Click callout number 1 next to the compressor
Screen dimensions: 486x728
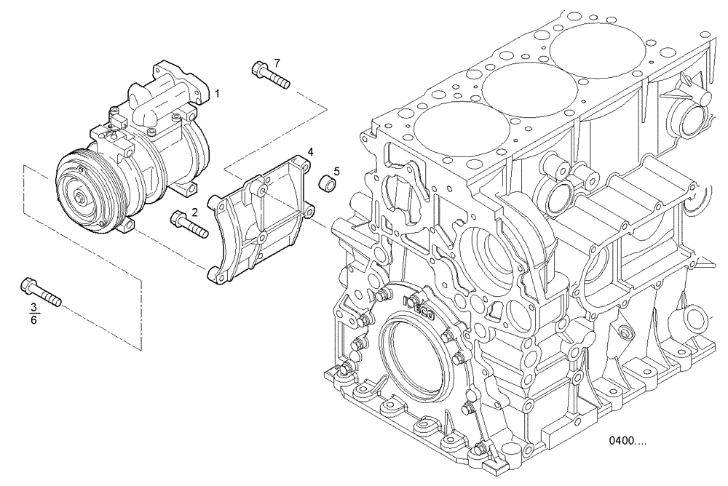click(217, 94)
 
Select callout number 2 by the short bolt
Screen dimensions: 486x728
click(194, 212)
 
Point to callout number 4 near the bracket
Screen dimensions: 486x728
click(310, 152)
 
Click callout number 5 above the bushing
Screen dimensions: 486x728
click(336, 172)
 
